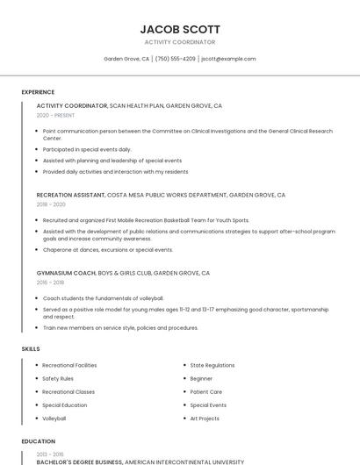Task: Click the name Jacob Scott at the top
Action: [x=180, y=29]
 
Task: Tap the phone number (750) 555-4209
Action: [x=176, y=59]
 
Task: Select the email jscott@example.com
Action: [x=228, y=59]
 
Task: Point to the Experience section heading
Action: [x=38, y=92]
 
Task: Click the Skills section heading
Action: [x=31, y=349]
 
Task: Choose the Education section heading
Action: [x=38, y=441]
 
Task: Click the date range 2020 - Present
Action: [x=55, y=115]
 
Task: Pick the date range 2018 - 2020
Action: [x=51, y=204]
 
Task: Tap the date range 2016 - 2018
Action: [x=50, y=283]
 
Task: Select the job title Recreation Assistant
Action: [x=71, y=195]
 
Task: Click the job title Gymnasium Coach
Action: [x=66, y=273]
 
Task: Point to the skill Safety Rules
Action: [x=58, y=378]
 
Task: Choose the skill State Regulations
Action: [x=212, y=365]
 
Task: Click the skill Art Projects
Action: [x=205, y=418]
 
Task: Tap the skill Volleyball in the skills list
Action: [x=54, y=418]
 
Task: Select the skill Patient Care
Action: [x=206, y=392]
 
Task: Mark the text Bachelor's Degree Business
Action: [x=79, y=461]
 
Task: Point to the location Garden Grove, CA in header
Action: [x=126, y=59]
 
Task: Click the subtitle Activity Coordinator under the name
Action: [x=180, y=42]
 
